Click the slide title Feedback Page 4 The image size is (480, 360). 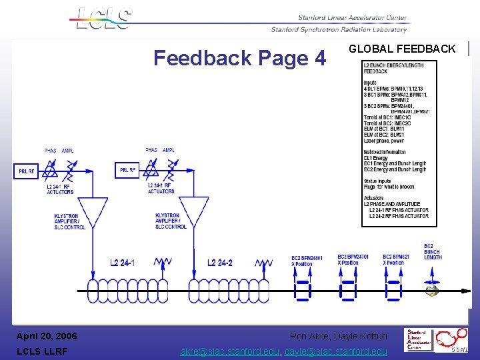coord(240,59)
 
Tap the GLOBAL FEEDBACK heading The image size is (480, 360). coord(402,49)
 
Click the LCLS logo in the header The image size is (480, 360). coord(104,18)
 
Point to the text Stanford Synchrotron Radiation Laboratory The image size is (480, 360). coord(339,29)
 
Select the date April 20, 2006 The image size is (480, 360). coord(47,336)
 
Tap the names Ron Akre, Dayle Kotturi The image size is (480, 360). coord(338,336)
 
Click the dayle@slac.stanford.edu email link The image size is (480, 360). coord(336,351)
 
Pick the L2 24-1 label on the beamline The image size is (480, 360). coord(122,263)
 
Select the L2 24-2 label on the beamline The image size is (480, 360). coord(220,263)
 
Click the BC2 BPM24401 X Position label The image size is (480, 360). coord(307,261)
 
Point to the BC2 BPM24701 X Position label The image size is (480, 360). coord(353,259)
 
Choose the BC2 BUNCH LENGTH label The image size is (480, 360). coord(433,251)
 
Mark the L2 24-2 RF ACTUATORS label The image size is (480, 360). coord(161,188)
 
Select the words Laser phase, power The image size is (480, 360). coord(384,141)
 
